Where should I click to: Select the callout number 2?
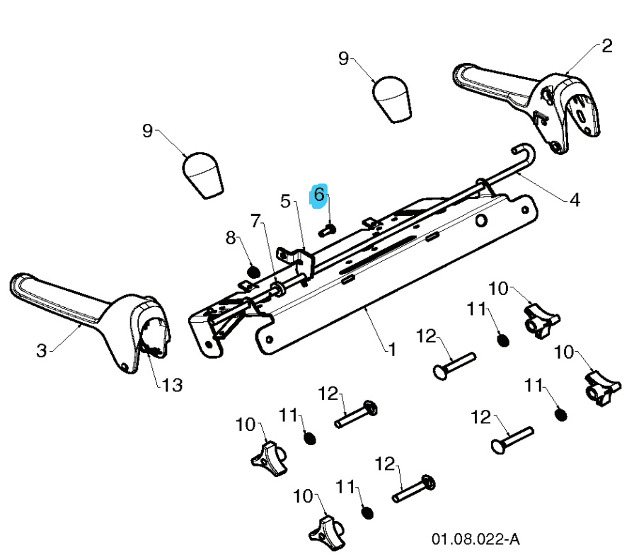tap(606, 47)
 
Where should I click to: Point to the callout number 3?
tap(42, 350)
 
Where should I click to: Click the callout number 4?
tap(575, 200)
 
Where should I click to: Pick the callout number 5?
tap(286, 202)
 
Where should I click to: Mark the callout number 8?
tap(231, 239)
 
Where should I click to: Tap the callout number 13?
tap(172, 385)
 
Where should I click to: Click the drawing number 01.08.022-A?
tap(475, 540)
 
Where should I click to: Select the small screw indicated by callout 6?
tap(328, 229)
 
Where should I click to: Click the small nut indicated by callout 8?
tap(253, 270)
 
